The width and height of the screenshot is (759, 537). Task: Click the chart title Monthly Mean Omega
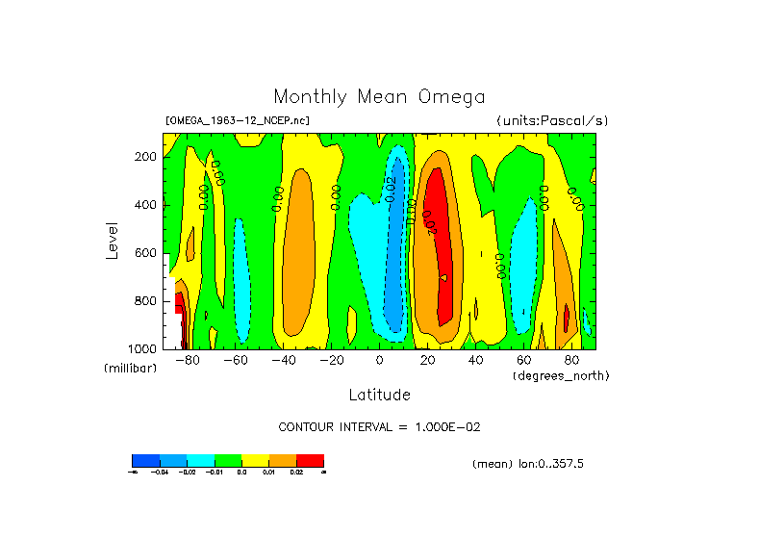coord(379,97)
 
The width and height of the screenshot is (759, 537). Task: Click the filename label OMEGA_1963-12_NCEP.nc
coord(238,121)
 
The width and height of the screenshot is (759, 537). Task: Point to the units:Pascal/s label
coord(552,121)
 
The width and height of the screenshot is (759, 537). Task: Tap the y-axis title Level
coord(112,240)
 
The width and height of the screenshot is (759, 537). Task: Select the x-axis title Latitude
coord(379,395)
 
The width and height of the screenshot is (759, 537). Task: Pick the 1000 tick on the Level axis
coord(143,348)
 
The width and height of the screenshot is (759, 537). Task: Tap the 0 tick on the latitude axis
coord(380,361)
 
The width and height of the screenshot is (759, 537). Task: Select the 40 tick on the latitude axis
coord(475,361)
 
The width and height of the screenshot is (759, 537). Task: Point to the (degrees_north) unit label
coord(561,375)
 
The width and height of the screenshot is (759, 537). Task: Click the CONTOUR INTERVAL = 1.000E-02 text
coord(379,427)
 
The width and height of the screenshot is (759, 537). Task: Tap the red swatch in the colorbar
coord(310,460)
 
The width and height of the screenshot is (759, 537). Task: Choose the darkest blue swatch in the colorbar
coord(145,460)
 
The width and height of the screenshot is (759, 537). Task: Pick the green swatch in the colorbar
coord(228,460)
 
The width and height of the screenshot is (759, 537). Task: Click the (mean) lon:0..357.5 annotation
coord(528,464)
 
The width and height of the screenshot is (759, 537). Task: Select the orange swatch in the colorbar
coord(283,460)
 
